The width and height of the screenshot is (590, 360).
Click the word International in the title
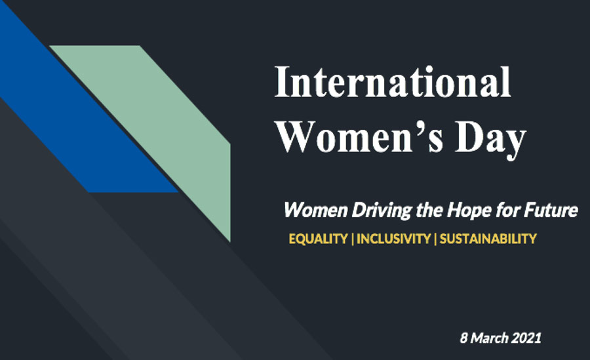point(393,82)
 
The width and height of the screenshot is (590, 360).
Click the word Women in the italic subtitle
point(315,210)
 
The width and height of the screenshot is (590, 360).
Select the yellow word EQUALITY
point(319,239)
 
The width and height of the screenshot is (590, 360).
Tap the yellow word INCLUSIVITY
point(393,239)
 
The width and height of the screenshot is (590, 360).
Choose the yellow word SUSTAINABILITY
point(488,239)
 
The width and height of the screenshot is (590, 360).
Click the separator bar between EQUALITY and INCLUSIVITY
point(353,239)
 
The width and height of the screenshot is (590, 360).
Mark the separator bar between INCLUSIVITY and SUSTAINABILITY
point(435,239)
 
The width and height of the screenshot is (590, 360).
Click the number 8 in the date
point(464,338)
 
